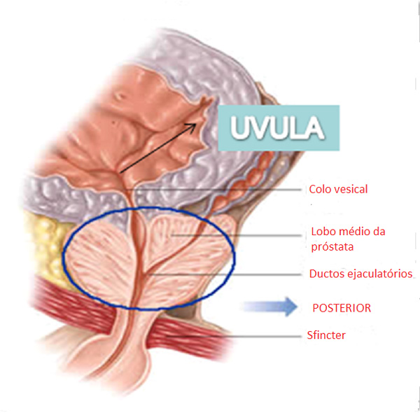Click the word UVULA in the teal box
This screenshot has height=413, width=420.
coord(277,129)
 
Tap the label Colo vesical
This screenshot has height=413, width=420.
coord(338,189)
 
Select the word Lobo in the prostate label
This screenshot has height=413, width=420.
coord(322,232)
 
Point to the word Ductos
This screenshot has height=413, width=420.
coord(326,273)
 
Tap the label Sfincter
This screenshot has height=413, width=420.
coord(328,335)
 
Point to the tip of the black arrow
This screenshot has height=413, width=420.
coord(197,122)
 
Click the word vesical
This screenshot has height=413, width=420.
coord(351,189)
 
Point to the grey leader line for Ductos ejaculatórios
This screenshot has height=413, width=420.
coord(238,273)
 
